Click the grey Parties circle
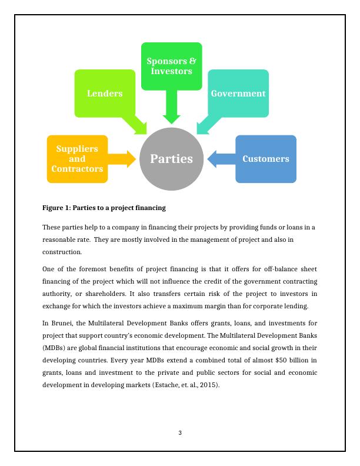[x=171, y=159]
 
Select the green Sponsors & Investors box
[x=171, y=66]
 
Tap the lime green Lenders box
[x=105, y=93]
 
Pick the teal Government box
[x=238, y=93]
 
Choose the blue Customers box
[x=266, y=159]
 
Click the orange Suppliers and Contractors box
[x=77, y=159]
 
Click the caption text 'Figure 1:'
[x=56, y=208]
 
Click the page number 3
[x=180, y=433]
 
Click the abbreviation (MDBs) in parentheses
[x=55, y=348]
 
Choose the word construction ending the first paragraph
[x=62, y=252]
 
